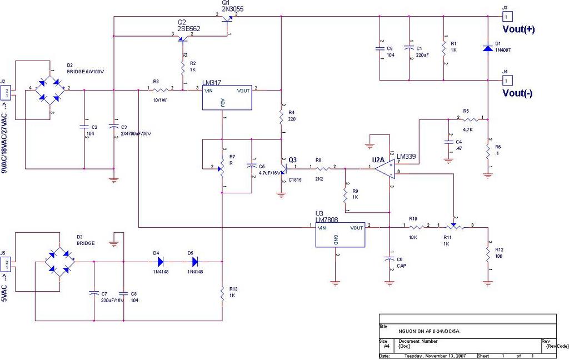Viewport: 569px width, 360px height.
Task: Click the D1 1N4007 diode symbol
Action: (487, 49)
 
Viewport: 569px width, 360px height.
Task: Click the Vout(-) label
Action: (518, 93)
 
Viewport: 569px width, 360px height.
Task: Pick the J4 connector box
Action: (508, 79)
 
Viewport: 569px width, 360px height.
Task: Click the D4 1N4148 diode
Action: (161, 261)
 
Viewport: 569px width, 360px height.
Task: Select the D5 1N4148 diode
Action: (194, 261)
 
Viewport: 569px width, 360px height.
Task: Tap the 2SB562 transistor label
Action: (189, 28)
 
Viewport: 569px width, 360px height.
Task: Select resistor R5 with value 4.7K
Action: (470, 119)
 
